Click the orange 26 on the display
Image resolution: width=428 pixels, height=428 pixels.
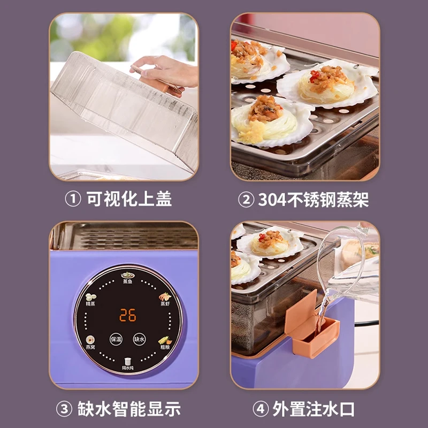[127, 315]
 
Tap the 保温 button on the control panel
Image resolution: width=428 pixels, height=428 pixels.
[116, 339]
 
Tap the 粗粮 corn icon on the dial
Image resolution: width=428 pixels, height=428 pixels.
[164, 340]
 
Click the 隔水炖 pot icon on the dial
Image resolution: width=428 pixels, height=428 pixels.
[127, 362]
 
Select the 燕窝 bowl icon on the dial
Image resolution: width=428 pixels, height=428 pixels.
[90, 340]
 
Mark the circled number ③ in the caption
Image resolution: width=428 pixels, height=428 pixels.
[64, 410]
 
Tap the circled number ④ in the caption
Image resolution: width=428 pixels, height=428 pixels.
[260, 410]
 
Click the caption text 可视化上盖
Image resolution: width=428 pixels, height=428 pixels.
[128, 200]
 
